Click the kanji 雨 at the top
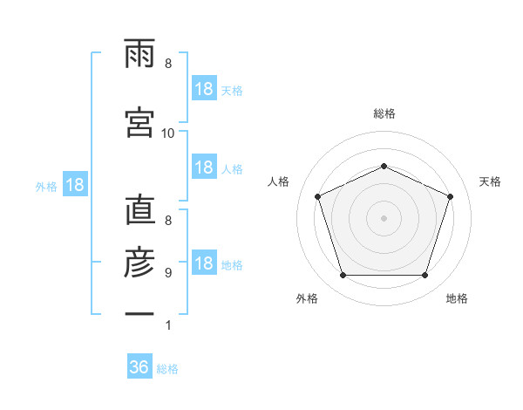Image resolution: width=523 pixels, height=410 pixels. tap(139, 53)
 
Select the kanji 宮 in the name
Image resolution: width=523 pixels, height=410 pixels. tap(139, 122)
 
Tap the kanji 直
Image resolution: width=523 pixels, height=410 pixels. tap(140, 209)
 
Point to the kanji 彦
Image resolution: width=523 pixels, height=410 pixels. tap(139, 262)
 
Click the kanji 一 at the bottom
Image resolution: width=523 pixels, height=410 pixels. tap(139, 313)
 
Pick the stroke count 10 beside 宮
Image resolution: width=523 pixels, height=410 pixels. tap(167, 133)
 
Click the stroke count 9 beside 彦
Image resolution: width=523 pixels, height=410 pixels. tap(168, 273)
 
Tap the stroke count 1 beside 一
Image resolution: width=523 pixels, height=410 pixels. tap(168, 325)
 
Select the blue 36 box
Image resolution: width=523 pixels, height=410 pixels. tap(139, 366)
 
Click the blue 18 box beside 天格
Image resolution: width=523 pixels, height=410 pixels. tap(204, 88)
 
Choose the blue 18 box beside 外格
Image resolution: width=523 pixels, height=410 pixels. tap(75, 184)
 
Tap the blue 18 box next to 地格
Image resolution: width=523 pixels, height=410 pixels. tap(204, 262)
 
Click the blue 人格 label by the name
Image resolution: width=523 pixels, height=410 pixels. tap(232, 169)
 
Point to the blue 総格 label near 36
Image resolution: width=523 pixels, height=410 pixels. tap(167, 369)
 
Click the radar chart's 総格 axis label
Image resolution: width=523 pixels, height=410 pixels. tap(384, 113)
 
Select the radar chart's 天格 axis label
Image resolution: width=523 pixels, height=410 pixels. tap(490, 181)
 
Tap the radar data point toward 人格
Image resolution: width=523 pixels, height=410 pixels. tap(317, 196)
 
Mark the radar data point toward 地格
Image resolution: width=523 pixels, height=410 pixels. tap(425, 276)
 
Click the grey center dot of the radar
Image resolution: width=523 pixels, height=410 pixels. tap(384, 218)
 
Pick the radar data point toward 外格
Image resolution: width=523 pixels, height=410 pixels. tap(343, 276)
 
